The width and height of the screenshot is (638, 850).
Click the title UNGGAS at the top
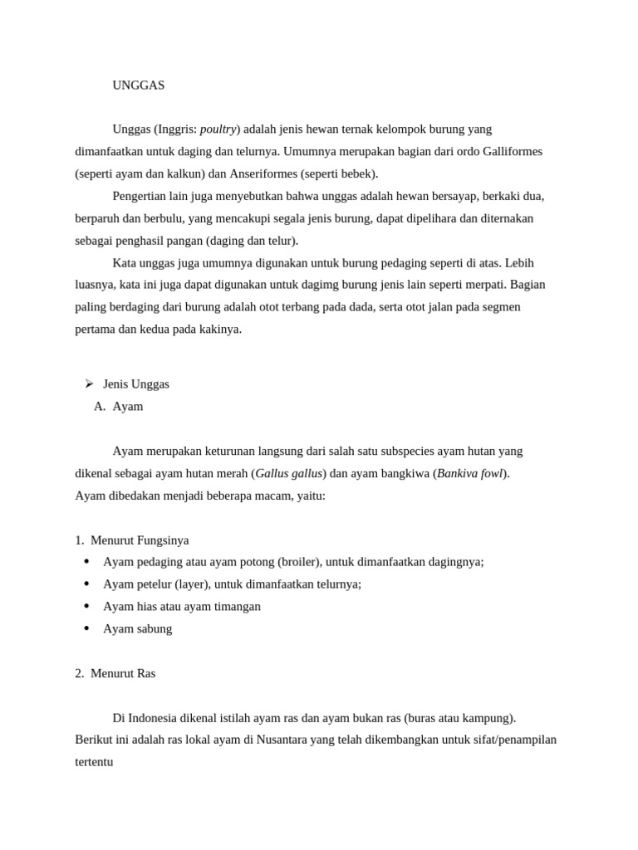click(x=139, y=85)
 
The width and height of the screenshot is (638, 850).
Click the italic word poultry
click(x=218, y=129)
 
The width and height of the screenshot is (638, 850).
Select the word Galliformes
click(x=507, y=152)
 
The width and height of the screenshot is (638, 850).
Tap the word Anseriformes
click(x=262, y=174)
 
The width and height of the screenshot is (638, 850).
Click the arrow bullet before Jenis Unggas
click(x=89, y=383)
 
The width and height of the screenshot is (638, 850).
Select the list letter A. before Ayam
click(x=101, y=407)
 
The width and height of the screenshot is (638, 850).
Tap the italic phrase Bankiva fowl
click(x=469, y=474)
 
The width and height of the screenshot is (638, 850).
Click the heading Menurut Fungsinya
click(x=140, y=540)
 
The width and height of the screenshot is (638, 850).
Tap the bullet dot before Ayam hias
click(x=87, y=606)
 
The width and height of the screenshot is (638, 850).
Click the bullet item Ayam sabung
click(x=138, y=629)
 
